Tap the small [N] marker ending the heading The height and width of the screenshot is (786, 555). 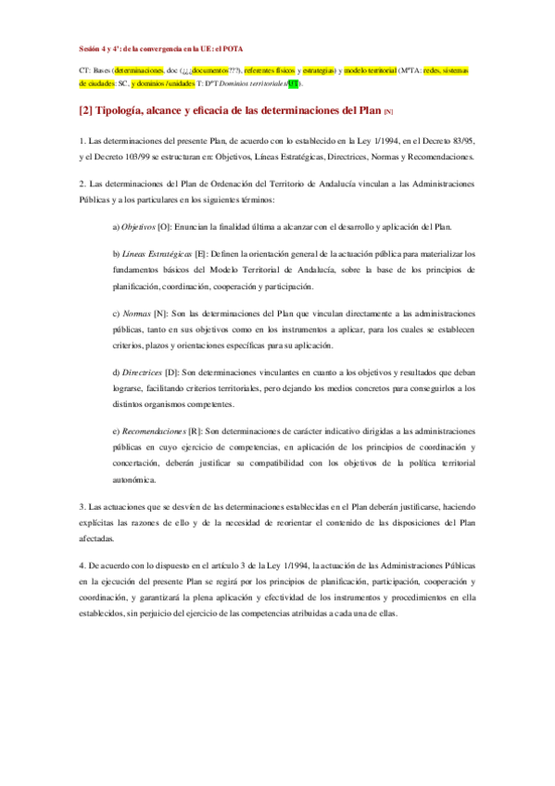coord(388,112)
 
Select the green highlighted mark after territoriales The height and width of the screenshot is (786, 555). coord(294,82)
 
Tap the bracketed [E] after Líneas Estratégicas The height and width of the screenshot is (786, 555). coord(199,253)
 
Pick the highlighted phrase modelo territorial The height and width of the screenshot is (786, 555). coord(370,70)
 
